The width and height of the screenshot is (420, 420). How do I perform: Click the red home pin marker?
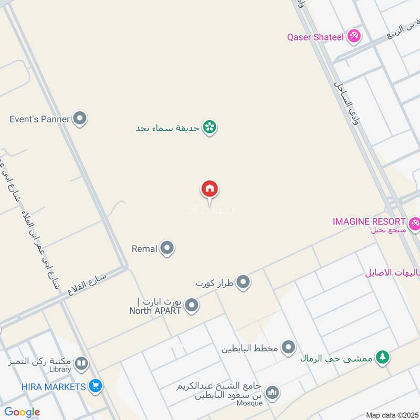point(209,188)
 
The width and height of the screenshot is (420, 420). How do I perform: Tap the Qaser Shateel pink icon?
point(354,37)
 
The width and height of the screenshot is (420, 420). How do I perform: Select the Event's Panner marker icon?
point(79,119)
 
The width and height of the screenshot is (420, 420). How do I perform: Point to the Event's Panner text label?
point(39,119)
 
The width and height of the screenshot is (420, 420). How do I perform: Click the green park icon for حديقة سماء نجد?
point(209,127)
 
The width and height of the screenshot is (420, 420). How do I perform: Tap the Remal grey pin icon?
point(167,248)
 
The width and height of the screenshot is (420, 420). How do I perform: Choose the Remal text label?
point(144,249)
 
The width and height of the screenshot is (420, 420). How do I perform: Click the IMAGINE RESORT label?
point(369,222)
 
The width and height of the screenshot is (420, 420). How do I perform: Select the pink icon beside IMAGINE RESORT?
point(415,224)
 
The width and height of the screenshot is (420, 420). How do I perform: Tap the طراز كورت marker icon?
point(243,283)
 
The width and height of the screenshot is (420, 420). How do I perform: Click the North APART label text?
point(155,310)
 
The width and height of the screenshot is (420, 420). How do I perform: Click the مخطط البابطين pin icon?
point(288,347)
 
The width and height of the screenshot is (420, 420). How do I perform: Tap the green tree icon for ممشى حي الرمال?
point(383,357)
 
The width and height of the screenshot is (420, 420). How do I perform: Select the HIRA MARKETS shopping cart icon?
point(95,386)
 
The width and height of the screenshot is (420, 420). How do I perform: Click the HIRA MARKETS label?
point(54,387)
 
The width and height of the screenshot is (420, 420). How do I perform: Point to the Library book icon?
point(81,363)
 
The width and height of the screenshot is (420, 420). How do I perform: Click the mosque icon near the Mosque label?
point(272,392)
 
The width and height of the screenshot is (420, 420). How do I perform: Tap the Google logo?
point(22,412)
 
